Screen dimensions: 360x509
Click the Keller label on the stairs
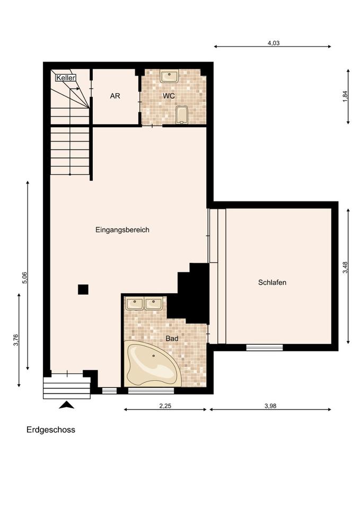coord(66,77)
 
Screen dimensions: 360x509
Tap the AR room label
coord(115,96)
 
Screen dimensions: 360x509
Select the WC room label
coord(169,96)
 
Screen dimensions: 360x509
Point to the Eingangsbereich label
coord(122,230)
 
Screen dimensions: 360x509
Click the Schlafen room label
coord(273,283)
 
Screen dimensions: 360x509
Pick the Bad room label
coord(172,339)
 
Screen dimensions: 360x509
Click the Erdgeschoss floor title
coord(51,430)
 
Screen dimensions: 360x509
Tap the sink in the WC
coord(169,76)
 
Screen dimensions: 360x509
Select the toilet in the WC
coord(182,115)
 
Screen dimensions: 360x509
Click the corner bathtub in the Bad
coord(153,364)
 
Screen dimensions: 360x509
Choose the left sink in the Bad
coord(135,304)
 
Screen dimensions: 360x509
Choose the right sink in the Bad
coord(153,304)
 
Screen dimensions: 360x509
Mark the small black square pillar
coord(83,289)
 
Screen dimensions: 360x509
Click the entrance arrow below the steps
coord(67,405)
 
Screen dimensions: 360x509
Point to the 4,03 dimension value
coord(274,43)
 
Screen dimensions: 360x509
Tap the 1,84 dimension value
coord(345,96)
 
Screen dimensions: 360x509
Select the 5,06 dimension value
coord(25,277)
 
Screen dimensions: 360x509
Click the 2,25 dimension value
coord(165,406)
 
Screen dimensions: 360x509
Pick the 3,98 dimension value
coord(270,406)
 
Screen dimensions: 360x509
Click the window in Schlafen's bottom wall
coord(265,347)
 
